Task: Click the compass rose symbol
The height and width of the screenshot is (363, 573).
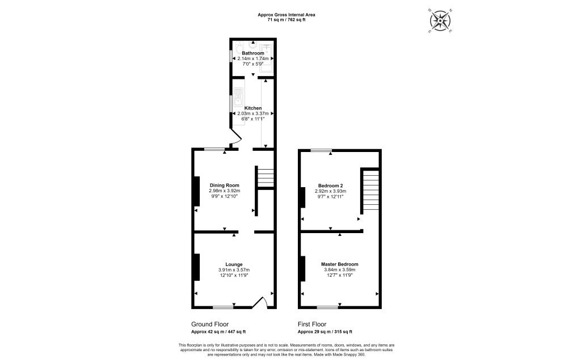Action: pos(440,21)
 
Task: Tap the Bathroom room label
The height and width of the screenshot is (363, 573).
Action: pos(253,53)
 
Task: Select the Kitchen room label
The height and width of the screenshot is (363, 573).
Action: pos(253,108)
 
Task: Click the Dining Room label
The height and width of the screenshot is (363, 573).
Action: pos(224,185)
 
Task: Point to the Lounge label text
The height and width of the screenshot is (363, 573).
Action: pos(234,264)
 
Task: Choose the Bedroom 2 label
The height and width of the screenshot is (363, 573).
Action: pos(330,186)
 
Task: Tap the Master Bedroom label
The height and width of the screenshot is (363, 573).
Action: pos(339,264)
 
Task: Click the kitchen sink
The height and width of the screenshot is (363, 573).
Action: pos(238,99)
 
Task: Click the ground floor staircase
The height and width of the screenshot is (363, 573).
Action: pos(264,176)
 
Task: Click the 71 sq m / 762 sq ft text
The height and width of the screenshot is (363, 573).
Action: pos(286,19)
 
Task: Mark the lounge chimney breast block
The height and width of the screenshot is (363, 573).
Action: pos(197,267)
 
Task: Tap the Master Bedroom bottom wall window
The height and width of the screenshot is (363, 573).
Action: pos(327,308)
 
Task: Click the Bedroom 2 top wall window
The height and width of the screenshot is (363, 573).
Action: pos(321,150)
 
